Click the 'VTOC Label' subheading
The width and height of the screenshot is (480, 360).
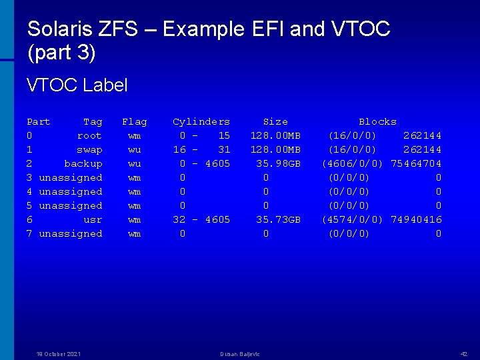tap(77, 85)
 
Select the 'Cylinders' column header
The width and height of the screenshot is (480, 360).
tap(201, 121)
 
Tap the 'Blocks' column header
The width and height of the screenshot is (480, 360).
tap(377, 121)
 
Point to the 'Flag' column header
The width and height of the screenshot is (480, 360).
tap(134, 121)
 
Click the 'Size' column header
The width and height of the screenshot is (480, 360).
tap(275, 121)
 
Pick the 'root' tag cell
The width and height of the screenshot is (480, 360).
tap(89, 135)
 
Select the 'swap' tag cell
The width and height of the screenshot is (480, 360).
tap(89, 149)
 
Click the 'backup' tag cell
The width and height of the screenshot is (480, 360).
tap(83, 163)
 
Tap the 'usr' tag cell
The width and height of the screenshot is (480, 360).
tap(93, 219)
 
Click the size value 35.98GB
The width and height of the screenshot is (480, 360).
tap(279, 163)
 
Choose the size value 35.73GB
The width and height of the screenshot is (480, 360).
tap(279, 219)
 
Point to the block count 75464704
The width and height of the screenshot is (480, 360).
tap(416, 163)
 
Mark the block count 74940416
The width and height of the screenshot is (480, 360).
tap(416, 219)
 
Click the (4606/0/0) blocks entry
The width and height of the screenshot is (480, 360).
tap(352, 163)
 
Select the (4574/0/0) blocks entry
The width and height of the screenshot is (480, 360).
tap(352, 219)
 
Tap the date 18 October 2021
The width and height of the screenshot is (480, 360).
tap(59, 353)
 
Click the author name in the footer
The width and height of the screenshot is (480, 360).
tap(240, 353)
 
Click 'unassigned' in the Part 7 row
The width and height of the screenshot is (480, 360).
tap(71, 233)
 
